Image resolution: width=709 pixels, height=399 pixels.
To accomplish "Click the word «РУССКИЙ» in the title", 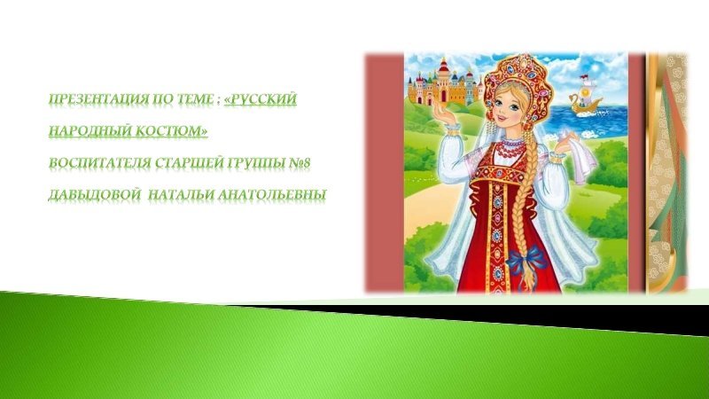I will click(261, 99).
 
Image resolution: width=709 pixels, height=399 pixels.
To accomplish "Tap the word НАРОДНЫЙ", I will click(84, 131).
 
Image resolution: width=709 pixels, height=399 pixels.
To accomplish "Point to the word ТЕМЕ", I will click(194, 99).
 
